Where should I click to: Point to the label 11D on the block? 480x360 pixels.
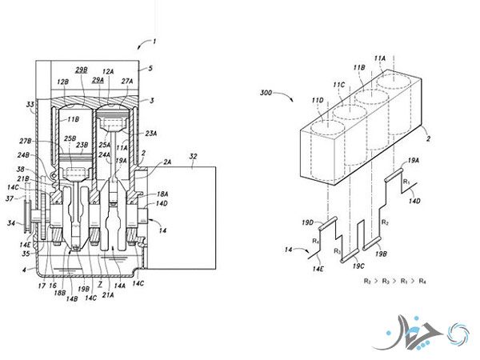(318, 99)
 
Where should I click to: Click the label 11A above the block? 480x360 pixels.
(378, 59)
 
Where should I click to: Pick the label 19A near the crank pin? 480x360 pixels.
(412, 161)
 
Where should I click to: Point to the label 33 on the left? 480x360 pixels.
(30, 104)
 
